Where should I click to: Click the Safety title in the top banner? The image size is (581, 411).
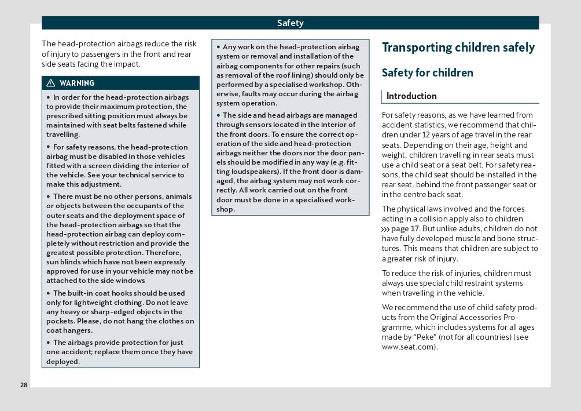(290, 23)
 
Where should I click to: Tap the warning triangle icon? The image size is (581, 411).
(51, 83)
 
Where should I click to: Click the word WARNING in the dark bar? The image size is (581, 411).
(76, 83)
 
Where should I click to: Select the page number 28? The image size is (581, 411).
(24, 385)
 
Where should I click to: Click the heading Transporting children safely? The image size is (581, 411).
(458, 48)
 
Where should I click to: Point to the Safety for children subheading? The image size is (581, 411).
(427, 72)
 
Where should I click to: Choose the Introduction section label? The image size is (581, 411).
(411, 96)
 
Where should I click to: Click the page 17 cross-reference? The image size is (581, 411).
(405, 228)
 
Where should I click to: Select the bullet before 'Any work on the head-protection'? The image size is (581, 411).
(219, 47)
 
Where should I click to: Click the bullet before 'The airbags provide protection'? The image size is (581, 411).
(49, 343)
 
